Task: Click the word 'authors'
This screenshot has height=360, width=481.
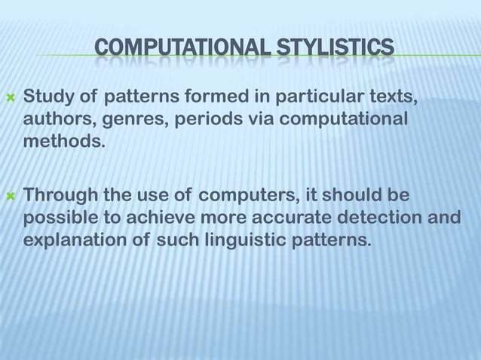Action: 57,121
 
